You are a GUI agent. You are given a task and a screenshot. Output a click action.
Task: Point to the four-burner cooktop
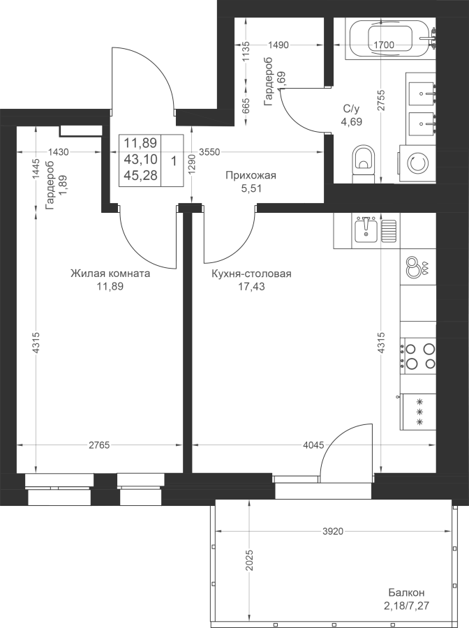(418, 356)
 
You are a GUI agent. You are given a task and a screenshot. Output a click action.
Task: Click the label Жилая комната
(110, 274)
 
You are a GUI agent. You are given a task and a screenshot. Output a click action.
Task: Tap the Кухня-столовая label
(251, 274)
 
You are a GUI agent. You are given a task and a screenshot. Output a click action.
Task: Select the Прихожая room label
(251, 175)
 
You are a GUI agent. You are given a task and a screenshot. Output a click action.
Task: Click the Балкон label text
(406, 592)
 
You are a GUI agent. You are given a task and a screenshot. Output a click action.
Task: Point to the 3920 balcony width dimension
(333, 531)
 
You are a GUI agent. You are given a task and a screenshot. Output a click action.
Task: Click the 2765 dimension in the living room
(99, 445)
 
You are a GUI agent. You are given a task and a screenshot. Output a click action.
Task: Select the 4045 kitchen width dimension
(313, 445)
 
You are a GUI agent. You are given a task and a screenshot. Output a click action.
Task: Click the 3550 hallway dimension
(209, 152)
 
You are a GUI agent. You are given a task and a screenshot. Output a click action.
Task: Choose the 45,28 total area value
(140, 175)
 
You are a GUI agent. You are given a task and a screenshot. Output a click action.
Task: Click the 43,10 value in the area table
(140, 159)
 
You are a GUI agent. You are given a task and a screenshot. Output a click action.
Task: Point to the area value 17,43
(251, 286)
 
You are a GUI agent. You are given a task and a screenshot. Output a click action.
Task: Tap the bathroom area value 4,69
(351, 121)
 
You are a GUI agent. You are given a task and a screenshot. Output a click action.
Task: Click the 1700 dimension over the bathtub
(383, 45)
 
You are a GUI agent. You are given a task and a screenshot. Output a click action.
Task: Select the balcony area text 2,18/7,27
(406, 605)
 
